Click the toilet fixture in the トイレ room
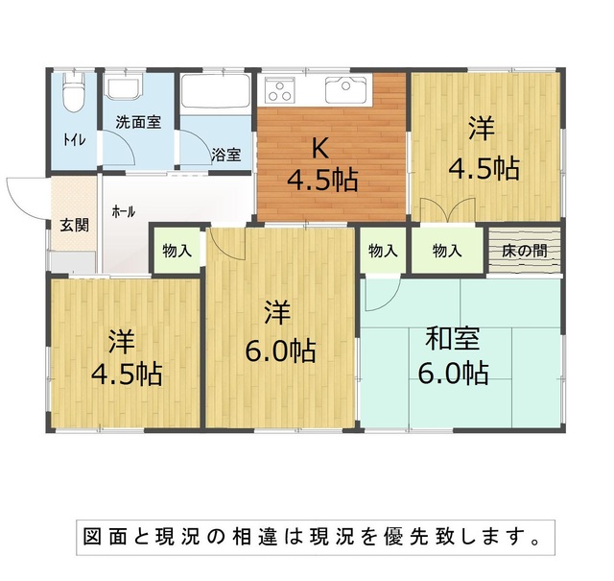click(x=73, y=91)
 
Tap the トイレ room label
click(x=75, y=140)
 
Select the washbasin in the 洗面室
click(x=124, y=89)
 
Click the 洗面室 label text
click(x=138, y=122)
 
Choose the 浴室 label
click(x=226, y=155)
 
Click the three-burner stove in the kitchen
click(x=279, y=90)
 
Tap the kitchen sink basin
click(x=345, y=89)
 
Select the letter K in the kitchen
click(x=320, y=149)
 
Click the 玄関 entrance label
click(x=75, y=225)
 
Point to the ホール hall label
click(x=124, y=211)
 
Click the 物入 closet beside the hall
click(x=177, y=250)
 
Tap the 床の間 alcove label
click(x=525, y=251)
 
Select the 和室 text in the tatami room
click(x=453, y=339)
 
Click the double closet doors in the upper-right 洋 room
click(x=448, y=210)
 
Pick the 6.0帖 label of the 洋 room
click(x=280, y=351)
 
